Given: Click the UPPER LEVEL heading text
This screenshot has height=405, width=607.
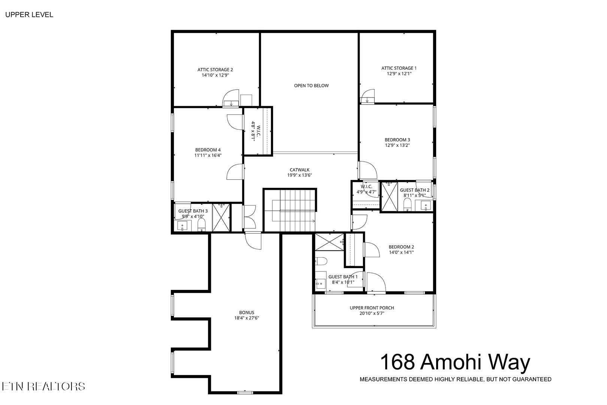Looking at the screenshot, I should pos(29,15).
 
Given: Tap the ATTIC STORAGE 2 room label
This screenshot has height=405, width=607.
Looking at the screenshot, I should pos(215,70).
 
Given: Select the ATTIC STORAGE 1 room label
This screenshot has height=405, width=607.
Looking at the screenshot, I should pos(399,68).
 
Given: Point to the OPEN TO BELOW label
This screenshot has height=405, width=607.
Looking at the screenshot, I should pos(311,85).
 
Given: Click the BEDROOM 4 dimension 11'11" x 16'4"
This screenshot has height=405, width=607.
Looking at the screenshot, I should pos(208,155).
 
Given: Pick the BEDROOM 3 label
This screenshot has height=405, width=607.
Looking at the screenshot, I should pos(397,140).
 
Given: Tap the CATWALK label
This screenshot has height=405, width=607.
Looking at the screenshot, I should pos(299,170).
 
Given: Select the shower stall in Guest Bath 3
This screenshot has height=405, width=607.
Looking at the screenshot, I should pos(221,217).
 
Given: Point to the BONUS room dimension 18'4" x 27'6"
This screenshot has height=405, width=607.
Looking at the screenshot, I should pos(247,318).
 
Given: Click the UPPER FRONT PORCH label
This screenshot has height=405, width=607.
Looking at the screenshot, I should pos(372,308).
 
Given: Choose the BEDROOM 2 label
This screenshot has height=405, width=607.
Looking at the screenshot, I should pos(401,247).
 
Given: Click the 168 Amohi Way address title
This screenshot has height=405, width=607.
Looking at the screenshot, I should pos(455,362).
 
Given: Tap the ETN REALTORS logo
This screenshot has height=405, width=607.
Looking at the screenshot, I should pos(43,386).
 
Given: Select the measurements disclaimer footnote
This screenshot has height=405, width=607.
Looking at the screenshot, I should pos(455,379).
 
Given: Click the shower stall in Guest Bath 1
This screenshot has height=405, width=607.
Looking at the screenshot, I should pos(329,242).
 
